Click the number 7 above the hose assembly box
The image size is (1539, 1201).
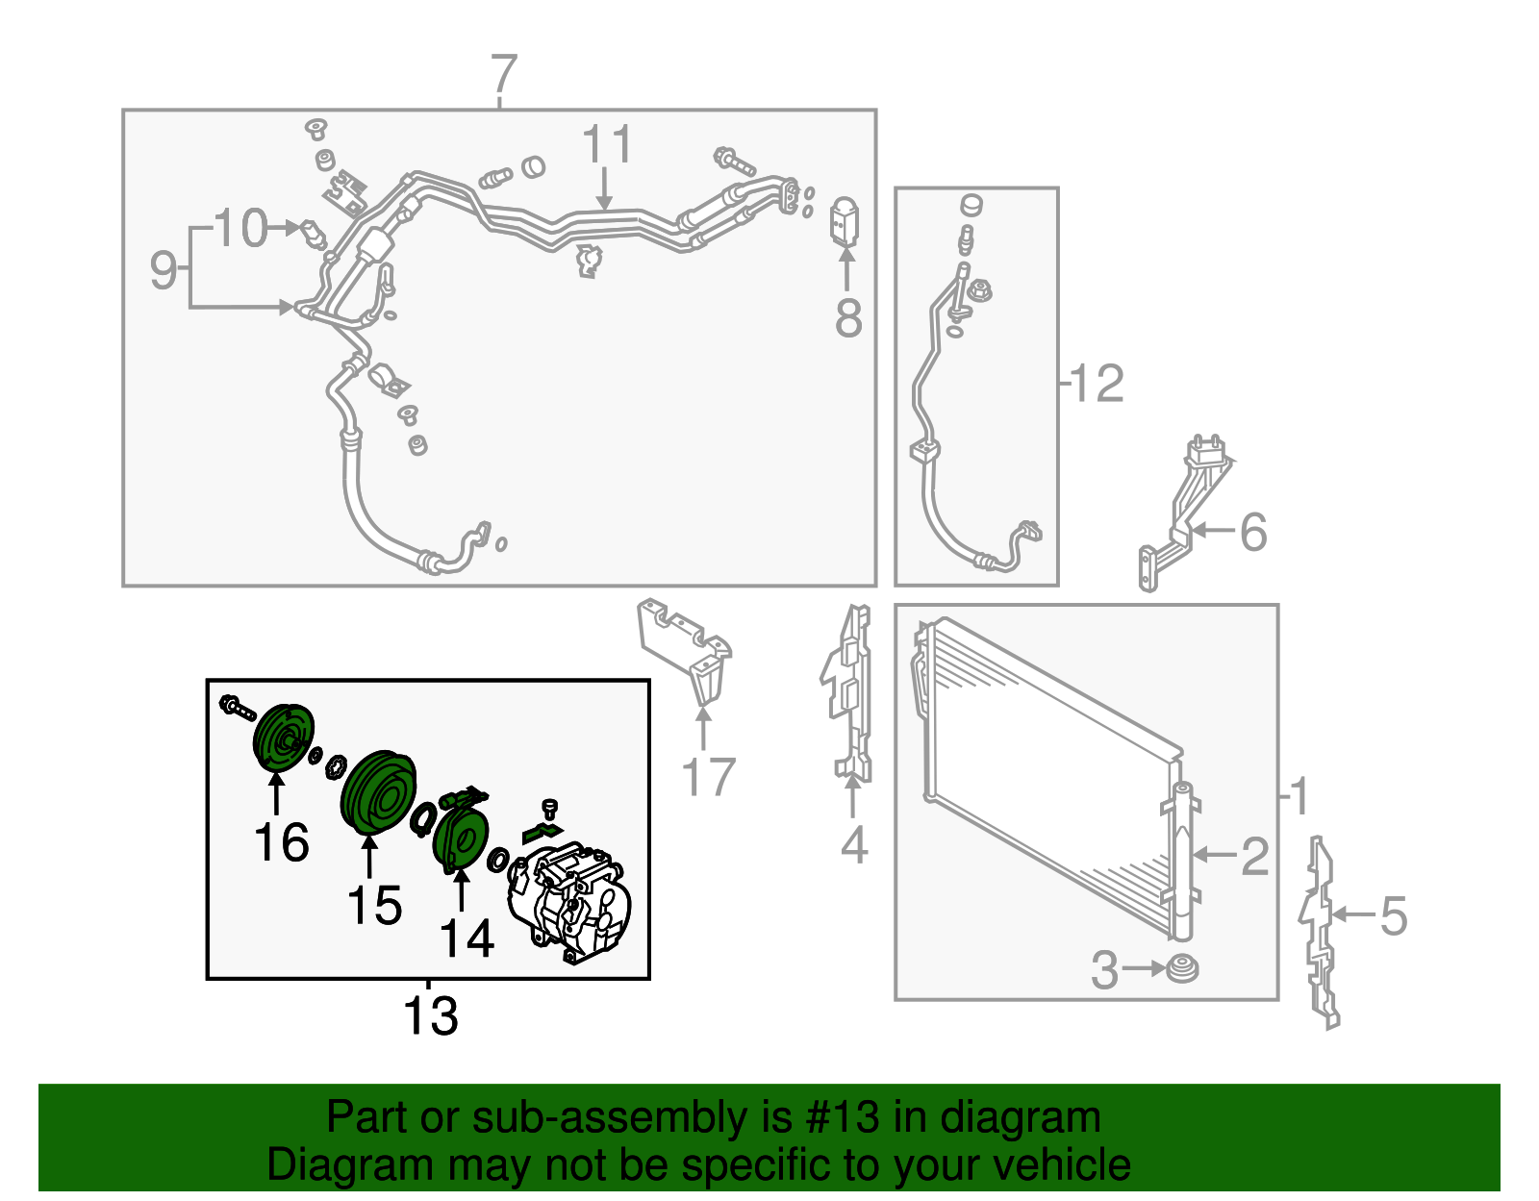click(x=504, y=74)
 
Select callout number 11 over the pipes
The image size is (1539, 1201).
click(x=607, y=144)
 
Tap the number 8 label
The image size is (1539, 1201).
click(x=848, y=317)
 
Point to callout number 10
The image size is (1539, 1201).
click(x=240, y=228)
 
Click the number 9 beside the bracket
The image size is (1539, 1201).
click(x=163, y=269)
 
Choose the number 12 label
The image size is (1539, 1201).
click(x=1097, y=384)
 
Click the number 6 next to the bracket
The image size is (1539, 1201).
click(x=1253, y=532)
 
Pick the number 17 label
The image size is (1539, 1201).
click(x=709, y=776)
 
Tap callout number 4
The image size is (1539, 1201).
click(x=854, y=844)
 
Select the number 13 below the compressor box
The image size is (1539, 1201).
click(x=431, y=1015)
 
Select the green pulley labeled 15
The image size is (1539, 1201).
click(x=378, y=791)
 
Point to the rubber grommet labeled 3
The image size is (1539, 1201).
click(x=1182, y=969)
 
